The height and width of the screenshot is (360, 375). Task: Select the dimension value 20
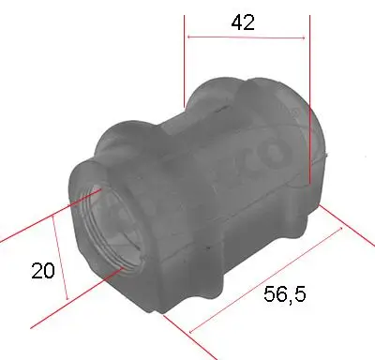pos(41,271)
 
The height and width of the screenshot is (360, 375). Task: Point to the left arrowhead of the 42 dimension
pos(189,37)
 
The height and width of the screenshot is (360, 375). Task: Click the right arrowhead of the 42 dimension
pos(306,37)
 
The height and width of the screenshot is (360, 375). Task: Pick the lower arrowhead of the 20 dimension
pos(67,300)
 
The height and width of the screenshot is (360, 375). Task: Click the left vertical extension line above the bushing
pos(184,56)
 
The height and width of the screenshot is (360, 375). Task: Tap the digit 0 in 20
pos(48,271)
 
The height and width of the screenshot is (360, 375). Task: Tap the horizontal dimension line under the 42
pos(247,37)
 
